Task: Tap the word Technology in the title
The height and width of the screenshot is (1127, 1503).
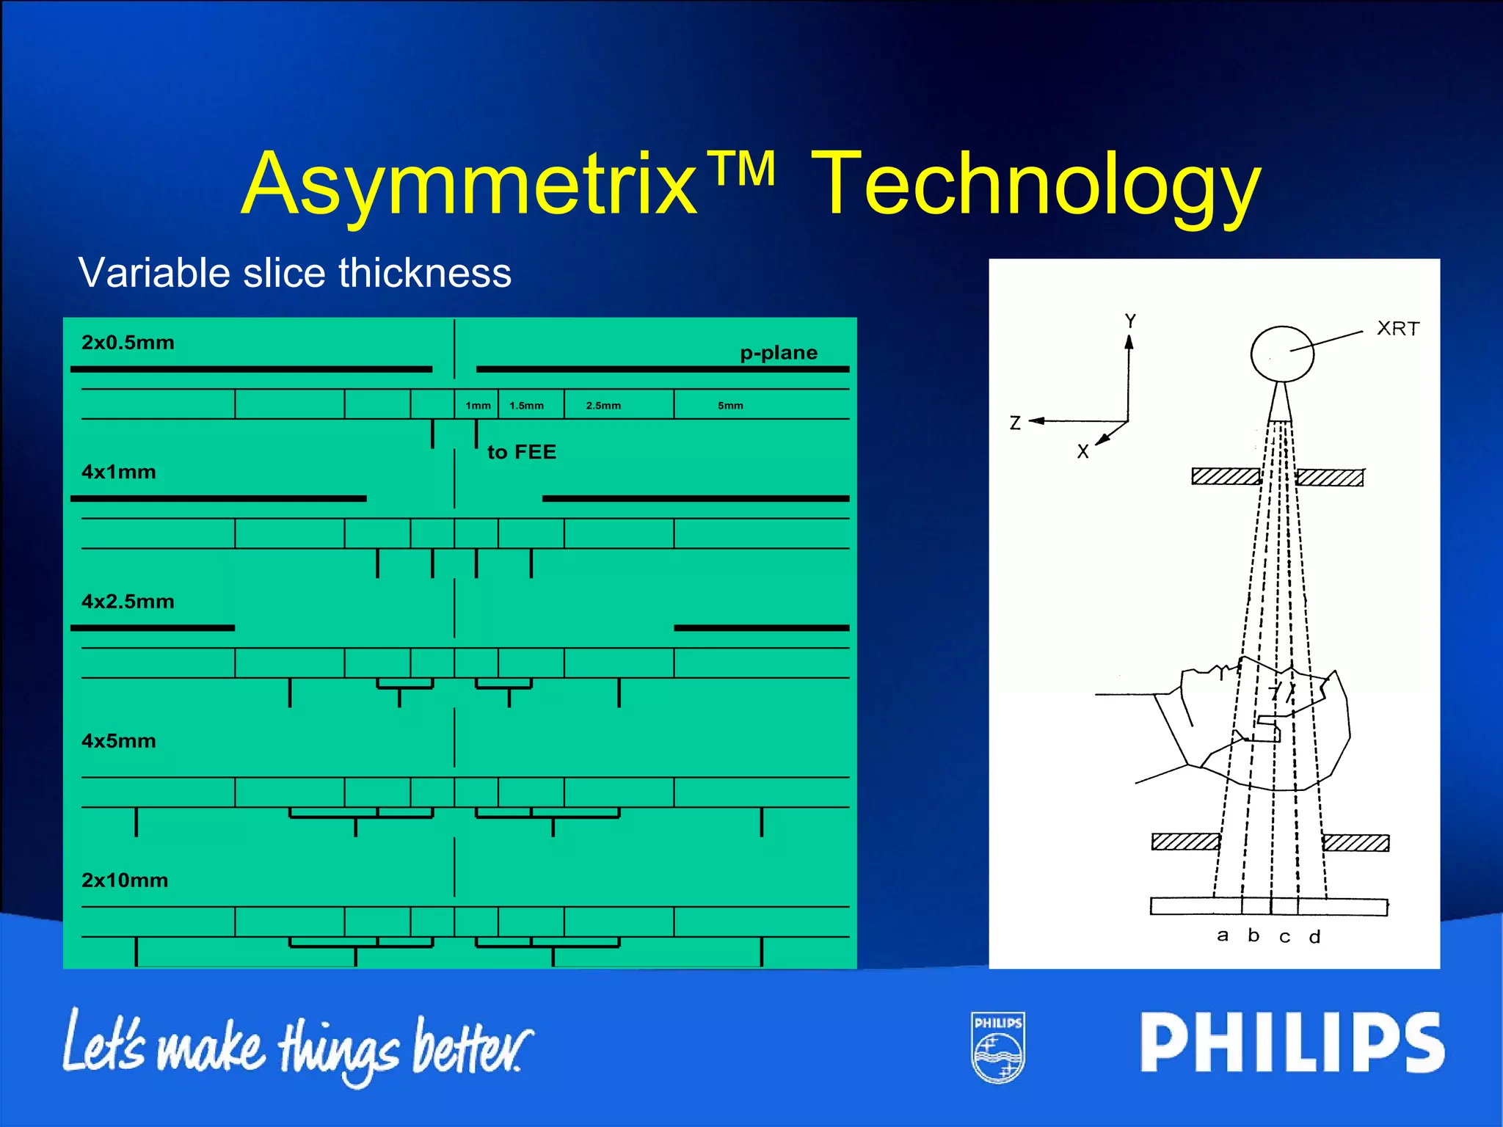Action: [x=1035, y=185]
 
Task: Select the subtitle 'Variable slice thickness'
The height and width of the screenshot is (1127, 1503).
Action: [x=294, y=273]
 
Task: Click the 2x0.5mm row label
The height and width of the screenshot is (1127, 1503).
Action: [x=128, y=343]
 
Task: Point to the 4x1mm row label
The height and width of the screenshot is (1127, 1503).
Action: [x=118, y=472]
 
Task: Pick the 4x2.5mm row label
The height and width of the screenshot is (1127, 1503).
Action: [x=128, y=602]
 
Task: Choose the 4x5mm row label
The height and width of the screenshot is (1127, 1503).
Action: [x=118, y=741]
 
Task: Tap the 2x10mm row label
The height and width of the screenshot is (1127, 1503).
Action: [x=125, y=880]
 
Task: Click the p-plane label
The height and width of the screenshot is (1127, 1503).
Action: [x=778, y=353]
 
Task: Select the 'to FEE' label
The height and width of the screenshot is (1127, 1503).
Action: [x=522, y=452]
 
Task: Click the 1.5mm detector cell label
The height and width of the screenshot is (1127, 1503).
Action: [x=526, y=406]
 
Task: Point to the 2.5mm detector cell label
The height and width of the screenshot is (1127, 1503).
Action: [x=603, y=406]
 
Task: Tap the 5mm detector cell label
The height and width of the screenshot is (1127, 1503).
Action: [x=730, y=406]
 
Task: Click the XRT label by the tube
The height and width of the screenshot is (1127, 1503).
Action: [x=1398, y=329]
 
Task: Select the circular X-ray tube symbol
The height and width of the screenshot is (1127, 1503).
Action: [x=1282, y=354]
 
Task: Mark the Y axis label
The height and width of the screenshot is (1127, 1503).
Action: [x=1130, y=321]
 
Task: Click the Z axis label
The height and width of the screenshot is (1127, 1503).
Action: [x=1015, y=423]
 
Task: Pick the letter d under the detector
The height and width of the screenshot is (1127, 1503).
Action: [x=1314, y=937]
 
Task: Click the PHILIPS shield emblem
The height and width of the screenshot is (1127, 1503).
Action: [x=998, y=1047]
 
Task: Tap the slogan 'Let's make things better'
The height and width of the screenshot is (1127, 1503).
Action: [x=297, y=1046]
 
